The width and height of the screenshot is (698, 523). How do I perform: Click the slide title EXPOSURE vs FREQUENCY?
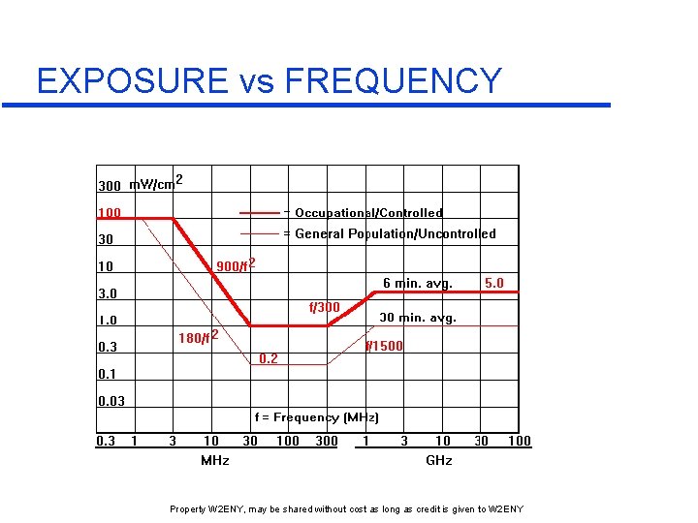tap(269, 80)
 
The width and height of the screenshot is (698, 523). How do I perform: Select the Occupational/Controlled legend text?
tap(368, 213)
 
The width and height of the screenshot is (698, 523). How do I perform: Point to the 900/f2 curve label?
tap(235, 266)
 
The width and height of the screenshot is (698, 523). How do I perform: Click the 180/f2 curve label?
tap(197, 337)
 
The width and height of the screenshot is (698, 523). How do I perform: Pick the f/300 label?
tap(324, 308)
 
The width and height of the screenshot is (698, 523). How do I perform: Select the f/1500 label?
tap(384, 346)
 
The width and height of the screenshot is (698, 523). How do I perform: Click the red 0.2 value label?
tap(269, 359)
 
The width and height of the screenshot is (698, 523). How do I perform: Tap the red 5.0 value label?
tap(493, 284)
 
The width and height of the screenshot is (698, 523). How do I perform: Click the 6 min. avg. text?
tap(417, 284)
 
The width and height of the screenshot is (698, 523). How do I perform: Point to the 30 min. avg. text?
tap(417, 318)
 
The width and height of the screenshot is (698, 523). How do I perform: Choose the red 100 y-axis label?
tap(109, 213)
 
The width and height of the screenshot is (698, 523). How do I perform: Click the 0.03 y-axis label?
tap(111, 401)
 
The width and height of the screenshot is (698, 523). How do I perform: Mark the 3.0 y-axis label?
tap(107, 293)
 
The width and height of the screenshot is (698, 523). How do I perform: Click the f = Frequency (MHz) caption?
tap(316, 417)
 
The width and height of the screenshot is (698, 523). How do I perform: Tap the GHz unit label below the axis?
tap(439, 460)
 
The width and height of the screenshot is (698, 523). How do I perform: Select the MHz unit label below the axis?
tap(215, 460)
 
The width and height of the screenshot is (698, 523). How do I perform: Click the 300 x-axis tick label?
tap(327, 442)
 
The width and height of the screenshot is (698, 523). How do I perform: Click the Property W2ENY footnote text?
tap(346, 509)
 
